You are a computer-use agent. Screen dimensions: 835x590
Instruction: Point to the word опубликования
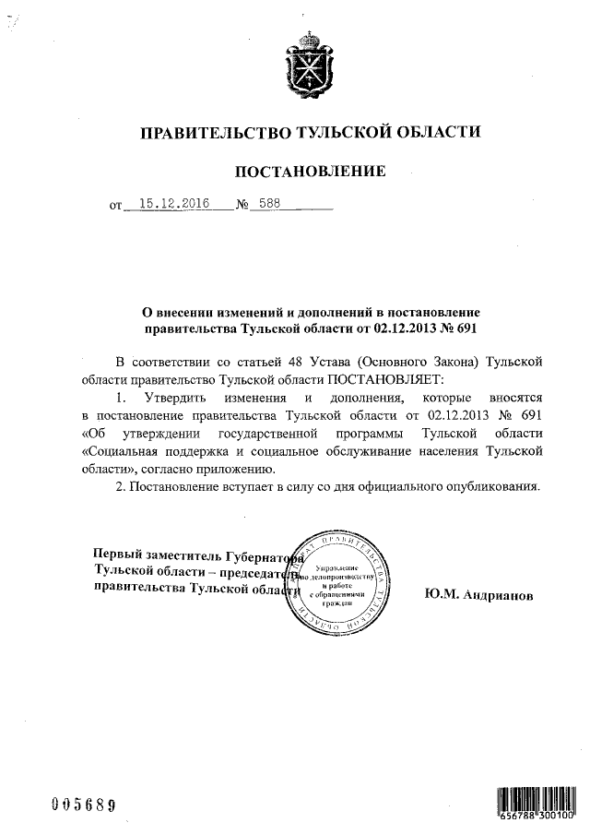pos(488,486)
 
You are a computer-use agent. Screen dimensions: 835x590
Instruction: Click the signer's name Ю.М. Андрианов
pos(478,595)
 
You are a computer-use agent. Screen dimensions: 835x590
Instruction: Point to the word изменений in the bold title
pos(253,312)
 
